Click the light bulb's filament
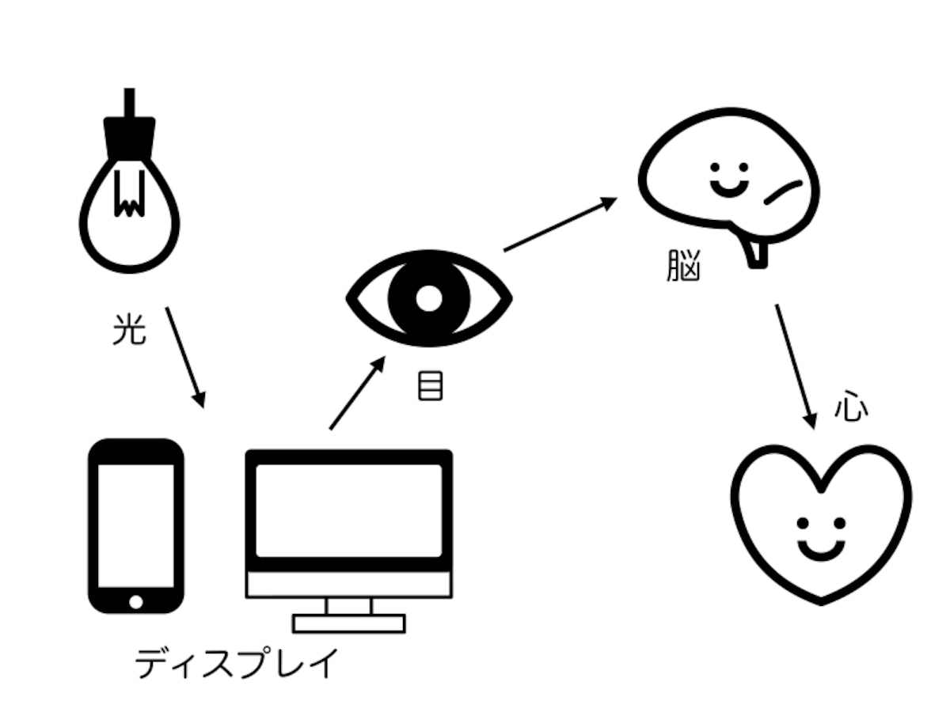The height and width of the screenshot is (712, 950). point(129,194)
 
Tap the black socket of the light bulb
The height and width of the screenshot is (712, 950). point(129,138)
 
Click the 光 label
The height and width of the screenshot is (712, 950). point(129,329)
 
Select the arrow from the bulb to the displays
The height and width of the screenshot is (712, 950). point(185,358)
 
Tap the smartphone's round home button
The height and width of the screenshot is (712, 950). point(136,602)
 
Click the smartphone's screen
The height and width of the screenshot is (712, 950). point(136,526)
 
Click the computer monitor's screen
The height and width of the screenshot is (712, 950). point(349,510)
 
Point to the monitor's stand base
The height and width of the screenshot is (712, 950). point(349,624)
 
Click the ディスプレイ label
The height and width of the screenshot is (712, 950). point(237,663)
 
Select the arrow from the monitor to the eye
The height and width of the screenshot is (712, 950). point(358,393)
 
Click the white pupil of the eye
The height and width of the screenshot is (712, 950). point(429,298)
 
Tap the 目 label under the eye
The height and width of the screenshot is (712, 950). point(430,385)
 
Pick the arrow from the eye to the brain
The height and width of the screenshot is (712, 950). point(560,225)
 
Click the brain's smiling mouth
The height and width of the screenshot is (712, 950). point(730,189)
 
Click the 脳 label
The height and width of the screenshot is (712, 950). point(683,266)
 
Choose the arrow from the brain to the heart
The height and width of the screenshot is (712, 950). point(796,367)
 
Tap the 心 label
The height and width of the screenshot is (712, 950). point(851,406)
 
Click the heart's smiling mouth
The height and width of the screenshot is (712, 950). point(821,551)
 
